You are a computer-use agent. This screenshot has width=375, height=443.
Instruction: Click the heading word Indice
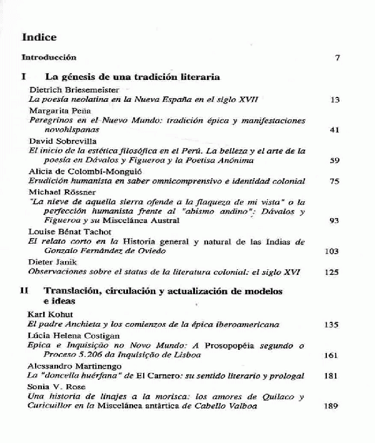39,37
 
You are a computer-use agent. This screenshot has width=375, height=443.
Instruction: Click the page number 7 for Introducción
337,58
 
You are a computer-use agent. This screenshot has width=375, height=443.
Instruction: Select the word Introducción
49,57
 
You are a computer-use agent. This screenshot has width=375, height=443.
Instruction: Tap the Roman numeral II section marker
24,291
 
